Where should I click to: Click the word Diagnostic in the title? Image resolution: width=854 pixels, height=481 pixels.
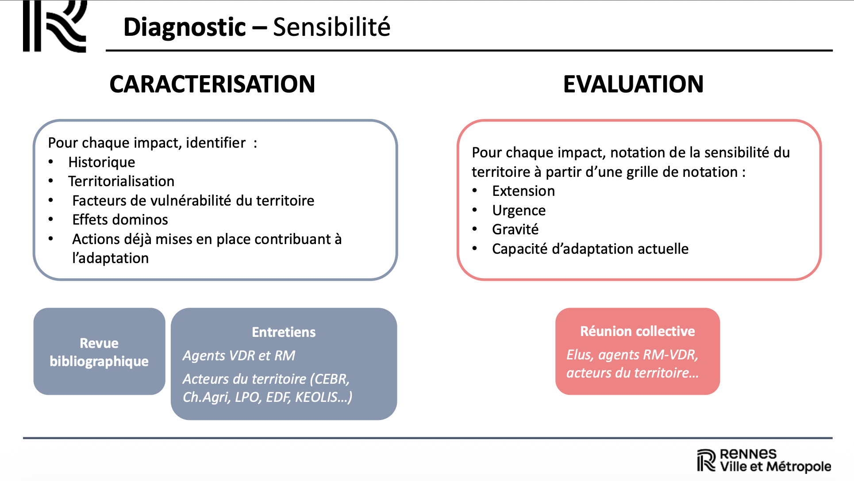coord(184,27)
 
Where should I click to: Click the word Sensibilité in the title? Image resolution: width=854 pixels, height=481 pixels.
coord(331,27)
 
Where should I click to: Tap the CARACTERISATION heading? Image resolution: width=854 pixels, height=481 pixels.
coord(212,84)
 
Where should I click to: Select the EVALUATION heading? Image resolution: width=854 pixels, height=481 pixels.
coord(633,84)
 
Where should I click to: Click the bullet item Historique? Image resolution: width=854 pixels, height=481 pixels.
coord(101,162)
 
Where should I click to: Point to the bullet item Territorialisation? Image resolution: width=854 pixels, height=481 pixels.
coord(121,181)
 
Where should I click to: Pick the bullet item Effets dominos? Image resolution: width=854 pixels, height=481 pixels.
coord(120,220)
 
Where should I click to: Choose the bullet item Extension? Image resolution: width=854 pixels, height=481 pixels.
coord(523,191)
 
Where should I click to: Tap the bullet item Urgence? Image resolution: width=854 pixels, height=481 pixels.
coord(519,210)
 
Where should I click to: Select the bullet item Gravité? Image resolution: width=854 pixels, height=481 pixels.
coord(515,229)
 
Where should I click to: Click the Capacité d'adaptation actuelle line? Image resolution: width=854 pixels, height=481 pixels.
coord(590,249)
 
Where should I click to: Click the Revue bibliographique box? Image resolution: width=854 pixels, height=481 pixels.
coord(99,352)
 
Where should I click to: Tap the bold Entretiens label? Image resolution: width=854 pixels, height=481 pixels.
coord(284,332)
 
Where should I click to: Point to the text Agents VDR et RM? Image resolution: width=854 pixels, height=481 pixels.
coord(239,355)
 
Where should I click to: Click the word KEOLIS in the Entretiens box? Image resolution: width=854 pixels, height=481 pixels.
coord(316,397)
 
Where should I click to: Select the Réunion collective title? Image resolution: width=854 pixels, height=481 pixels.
coord(637,331)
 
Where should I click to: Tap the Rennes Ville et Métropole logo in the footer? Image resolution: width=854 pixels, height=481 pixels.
coord(764,460)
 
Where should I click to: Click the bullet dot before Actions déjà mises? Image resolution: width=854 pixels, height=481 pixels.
coord(51,239)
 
